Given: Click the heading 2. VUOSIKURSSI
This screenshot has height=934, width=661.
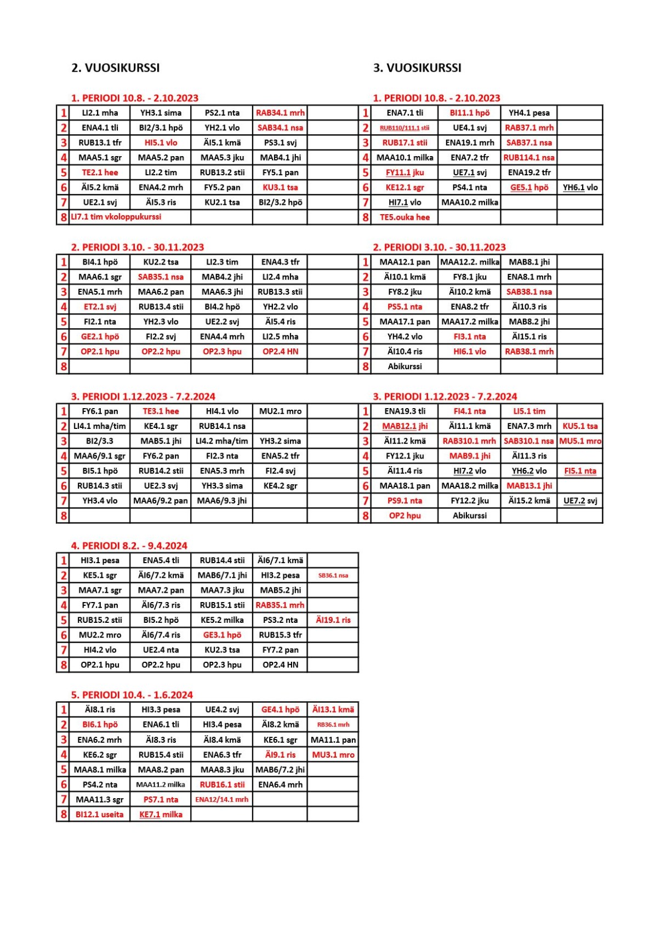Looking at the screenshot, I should [115, 68].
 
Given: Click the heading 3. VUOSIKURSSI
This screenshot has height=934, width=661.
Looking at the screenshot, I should [417, 68].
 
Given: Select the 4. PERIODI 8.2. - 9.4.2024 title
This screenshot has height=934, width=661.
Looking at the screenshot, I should [129, 546].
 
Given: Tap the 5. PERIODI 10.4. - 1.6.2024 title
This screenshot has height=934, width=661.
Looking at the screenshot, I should [132, 695].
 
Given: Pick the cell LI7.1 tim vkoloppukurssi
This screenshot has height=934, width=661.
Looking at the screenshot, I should [116, 217].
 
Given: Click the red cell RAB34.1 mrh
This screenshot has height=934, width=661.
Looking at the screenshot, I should [280, 113].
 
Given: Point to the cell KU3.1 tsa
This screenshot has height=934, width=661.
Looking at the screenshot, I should [280, 187].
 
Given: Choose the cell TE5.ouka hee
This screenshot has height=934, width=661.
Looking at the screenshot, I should [404, 217].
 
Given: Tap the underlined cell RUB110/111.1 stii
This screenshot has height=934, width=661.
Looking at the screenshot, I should [404, 128].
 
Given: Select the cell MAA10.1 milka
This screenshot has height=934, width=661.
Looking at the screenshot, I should [404, 158].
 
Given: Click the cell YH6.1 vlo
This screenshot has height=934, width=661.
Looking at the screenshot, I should [580, 187].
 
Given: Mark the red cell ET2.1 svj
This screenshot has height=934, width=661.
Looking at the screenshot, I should [100, 307].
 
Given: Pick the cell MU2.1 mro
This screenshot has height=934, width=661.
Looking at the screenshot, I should [280, 411].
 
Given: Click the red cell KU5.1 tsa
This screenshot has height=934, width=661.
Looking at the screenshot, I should [580, 426].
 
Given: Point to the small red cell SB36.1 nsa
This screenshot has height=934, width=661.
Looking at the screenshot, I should [333, 576].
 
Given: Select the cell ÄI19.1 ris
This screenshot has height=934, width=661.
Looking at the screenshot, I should [333, 620].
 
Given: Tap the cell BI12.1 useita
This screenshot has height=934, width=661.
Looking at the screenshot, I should [100, 815].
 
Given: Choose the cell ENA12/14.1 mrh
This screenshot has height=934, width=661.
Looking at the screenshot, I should [222, 800].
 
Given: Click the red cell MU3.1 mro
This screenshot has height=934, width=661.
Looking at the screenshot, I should [333, 755].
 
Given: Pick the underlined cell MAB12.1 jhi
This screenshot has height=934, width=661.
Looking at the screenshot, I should [404, 426].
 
